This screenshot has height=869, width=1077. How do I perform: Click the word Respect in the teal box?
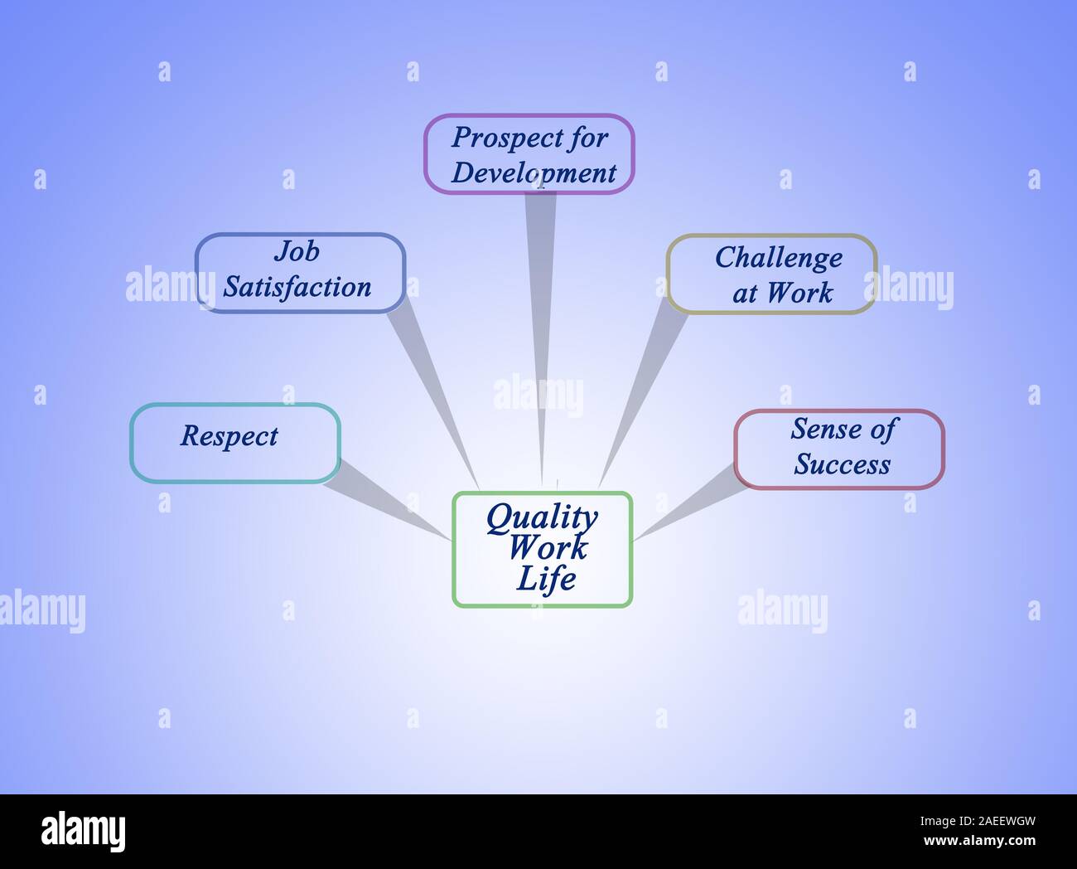(229, 437)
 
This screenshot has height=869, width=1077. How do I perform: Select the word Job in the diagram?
(297, 251)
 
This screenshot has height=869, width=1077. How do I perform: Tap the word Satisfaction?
(297, 288)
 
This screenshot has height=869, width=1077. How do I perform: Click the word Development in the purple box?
(534, 173)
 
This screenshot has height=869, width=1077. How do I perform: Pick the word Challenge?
(778, 258)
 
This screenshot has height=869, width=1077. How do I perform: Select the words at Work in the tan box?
(782, 293)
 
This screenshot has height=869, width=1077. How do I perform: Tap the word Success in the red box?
(842, 464)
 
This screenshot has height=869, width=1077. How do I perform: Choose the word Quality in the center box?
(542, 517)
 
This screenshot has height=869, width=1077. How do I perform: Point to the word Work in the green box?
(548, 547)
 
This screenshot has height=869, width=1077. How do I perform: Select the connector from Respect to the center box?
(385, 498)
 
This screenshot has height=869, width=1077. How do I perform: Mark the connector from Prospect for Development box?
(539, 332)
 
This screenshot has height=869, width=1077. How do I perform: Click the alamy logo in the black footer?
(83, 831)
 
